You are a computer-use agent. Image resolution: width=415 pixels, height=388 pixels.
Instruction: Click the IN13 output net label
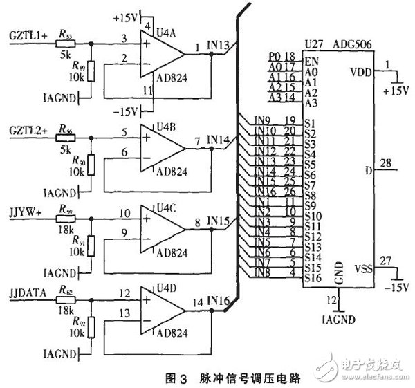coord(219,46)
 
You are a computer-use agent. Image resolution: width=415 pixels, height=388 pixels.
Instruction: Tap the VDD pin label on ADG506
coord(360,71)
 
